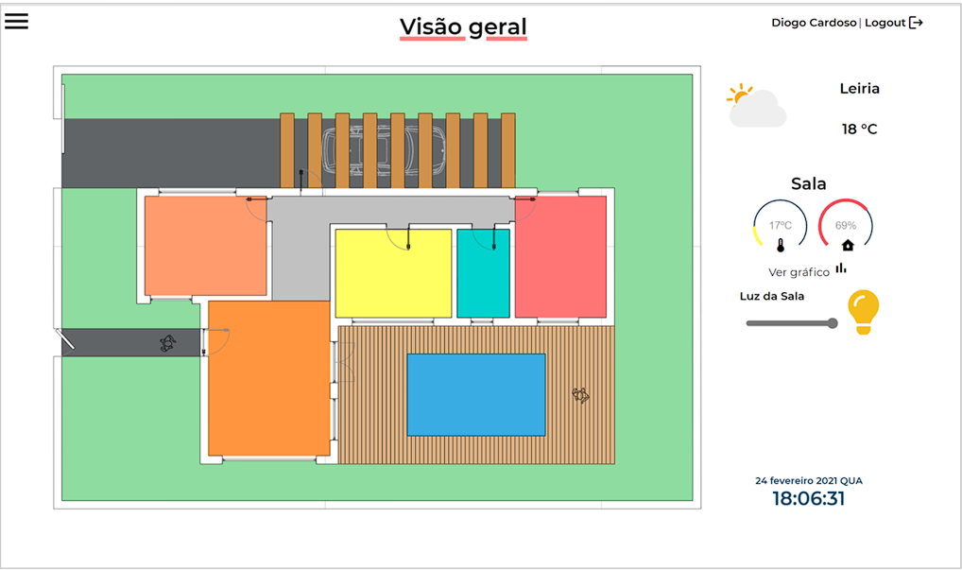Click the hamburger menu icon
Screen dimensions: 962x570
click(17, 21)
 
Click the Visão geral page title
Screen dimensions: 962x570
click(463, 27)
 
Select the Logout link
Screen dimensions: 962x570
click(894, 23)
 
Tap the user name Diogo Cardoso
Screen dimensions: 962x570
click(814, 23)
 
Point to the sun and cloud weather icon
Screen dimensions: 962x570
click(757, 106)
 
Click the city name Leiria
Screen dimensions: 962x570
click(860, 88)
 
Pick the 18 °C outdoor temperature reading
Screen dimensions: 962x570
click(860, 129)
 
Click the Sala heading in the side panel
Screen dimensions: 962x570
click(809, 183)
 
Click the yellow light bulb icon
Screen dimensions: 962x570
click(863, 312)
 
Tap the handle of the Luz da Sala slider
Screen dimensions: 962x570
click(833, 323)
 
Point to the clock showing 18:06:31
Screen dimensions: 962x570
click(809, 498)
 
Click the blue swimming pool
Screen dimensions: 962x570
click(476, 394)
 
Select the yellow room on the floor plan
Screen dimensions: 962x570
click(393, 273)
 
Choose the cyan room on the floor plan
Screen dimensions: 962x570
click(484, 273)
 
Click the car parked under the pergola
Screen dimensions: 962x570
click(384, 150)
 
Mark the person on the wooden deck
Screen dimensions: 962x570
click(580, 395)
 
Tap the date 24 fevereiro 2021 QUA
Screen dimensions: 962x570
click(809, 480)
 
